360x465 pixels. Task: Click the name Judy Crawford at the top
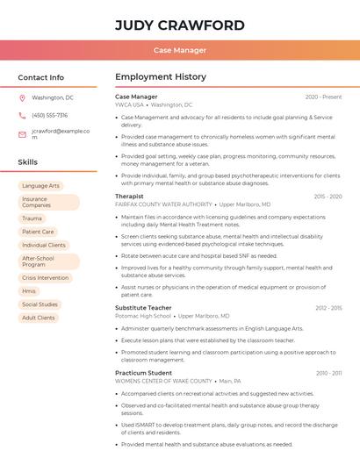click(179, 24)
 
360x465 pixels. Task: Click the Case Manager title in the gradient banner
click(180, 50)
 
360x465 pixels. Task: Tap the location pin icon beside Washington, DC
click(22, 97)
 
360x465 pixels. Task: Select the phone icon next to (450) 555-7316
click(22, 115)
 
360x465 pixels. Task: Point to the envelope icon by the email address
click(22, 134)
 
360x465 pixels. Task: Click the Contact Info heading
click(40, 77)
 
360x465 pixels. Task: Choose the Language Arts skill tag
click(41, 186)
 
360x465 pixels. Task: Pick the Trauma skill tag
click(32, 218)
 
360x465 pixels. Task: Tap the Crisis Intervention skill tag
click(45, 277)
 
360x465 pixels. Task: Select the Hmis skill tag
click(29, 290)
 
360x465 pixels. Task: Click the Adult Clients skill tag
click(39, 318)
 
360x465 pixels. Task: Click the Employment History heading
click(161, 77)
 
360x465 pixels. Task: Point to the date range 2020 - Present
click(323, 97)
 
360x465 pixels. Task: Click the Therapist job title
click(129, 197)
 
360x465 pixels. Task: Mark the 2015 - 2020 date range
click(328, 197)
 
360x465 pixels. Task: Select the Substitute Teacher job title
click(143, 308)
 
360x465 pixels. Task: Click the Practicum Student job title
click(143, 373)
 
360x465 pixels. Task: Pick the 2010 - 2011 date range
click(328, 373)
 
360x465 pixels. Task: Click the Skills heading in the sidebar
click(28, 162)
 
